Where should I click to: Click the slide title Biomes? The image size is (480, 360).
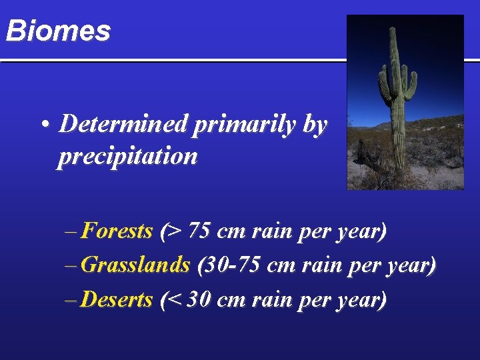point(57,31)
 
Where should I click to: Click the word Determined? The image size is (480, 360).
point(125,124)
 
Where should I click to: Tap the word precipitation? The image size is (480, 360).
point(127,157)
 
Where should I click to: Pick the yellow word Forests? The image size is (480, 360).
point(116,231)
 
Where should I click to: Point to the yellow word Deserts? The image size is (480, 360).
point(116,300)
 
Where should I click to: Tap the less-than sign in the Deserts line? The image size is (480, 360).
point(174,301)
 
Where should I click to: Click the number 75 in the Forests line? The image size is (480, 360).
point(199,232)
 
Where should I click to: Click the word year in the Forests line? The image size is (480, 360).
point(361,233)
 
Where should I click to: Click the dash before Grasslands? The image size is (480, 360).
point(71,265)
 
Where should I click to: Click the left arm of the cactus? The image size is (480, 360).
point(383,83)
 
